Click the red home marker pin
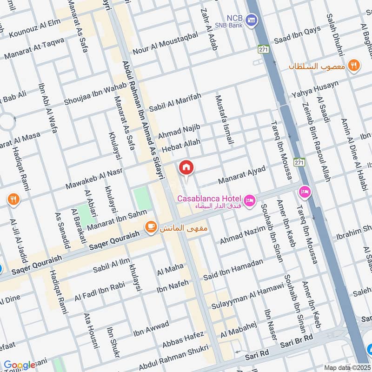click(x=186, y=167)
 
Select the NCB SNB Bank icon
click(x=252, y=20)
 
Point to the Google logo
click(x=20, y=365)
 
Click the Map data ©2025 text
click(x=346, y=367)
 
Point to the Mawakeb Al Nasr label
click(x=93, y=179)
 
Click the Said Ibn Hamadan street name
click(x=233, y=269)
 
